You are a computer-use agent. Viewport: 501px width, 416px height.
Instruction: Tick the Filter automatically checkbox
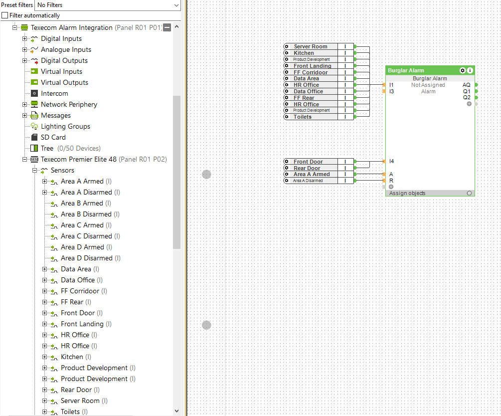(5, 15)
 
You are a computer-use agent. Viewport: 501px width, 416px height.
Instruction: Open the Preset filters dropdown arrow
(176, 5)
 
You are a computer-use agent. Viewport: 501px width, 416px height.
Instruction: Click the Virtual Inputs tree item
(61, 72)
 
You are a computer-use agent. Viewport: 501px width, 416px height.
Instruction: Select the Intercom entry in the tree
(54, 93)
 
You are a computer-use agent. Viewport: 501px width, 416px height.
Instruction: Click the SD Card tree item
(53, 137)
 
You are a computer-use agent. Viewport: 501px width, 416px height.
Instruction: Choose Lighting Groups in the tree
(65, 126)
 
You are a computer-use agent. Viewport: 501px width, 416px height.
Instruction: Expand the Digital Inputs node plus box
(24, 39)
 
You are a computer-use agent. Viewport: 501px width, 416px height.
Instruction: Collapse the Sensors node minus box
(34, 171)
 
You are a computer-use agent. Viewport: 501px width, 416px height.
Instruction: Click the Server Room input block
(319, 46)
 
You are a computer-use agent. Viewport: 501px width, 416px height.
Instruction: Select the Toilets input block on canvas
(319, 117)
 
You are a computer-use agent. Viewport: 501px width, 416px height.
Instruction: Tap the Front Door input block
(319, 162)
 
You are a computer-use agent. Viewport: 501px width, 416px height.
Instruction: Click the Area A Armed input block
(319, 174)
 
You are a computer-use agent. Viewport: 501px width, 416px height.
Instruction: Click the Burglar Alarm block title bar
(422, 70)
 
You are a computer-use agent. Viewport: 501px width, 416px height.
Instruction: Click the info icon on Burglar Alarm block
(470, 70)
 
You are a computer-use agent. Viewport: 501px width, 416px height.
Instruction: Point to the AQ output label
(467, 85)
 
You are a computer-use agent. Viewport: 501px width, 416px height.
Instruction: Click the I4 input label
(391, 161)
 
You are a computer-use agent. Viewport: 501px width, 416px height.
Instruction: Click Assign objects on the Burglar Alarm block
(407, 193)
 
